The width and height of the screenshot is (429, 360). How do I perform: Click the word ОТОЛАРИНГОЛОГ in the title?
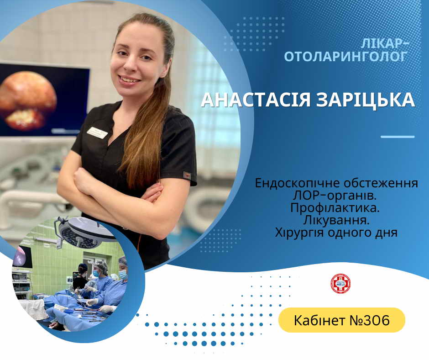tap(346, 56)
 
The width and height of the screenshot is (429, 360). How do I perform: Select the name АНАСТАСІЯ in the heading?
tap(256, 100)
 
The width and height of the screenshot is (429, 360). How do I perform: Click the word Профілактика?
tap(335, 208)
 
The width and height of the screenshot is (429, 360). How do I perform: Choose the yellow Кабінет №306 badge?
tap(342, 320)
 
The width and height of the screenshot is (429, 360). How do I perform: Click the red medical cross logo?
tap(340, 284)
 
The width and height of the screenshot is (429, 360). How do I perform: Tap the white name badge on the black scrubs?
tap(97, 132)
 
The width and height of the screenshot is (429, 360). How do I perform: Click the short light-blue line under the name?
tap(398, 137)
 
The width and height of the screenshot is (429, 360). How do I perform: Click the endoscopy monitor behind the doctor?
tap(44, 100)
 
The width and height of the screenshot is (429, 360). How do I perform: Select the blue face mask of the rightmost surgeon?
tap(123, 275)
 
